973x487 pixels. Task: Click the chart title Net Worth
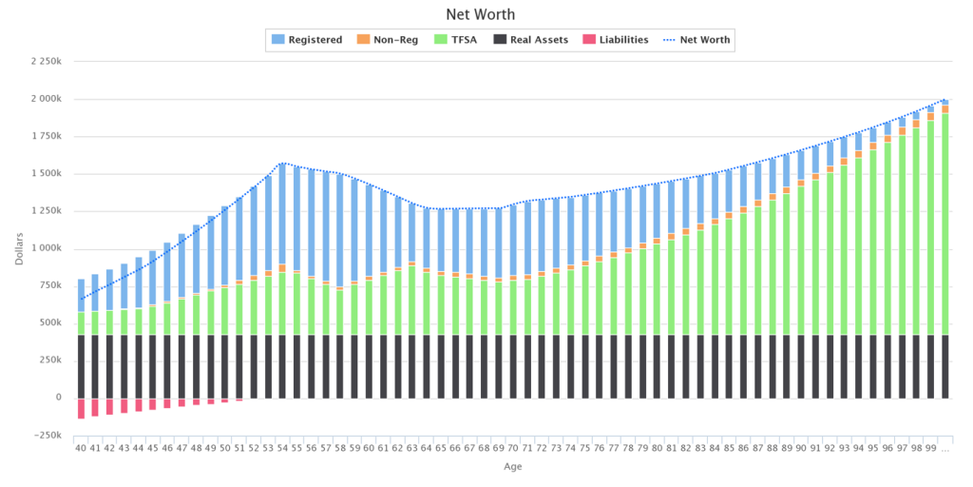[x=486, y=15]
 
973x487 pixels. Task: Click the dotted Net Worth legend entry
[x=699, y=40]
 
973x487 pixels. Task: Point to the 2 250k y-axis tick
[x=45, y=62]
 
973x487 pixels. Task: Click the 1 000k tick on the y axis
[x=45, y=248]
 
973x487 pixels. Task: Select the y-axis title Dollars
[x=20, y=248]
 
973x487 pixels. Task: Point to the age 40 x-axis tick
[x=81, y=447]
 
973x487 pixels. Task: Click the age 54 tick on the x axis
[x=283, y=447]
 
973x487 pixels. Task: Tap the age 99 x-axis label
[x=930, y=447]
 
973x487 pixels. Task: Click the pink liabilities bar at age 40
[x=81, y=408]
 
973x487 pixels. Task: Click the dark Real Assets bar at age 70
[x=513, y=366]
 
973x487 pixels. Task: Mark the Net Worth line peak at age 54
[x=283, y=163]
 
